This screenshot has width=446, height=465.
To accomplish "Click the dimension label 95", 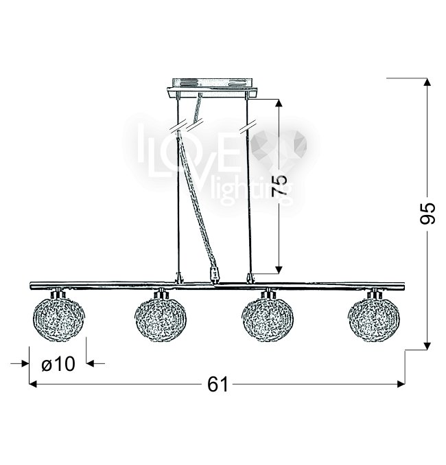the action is pos(427,213).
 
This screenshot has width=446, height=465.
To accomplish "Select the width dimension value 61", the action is pos(218,385).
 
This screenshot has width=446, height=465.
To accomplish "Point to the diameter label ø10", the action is pos(58,363).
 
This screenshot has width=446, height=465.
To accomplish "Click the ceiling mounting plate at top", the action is pos(213,88).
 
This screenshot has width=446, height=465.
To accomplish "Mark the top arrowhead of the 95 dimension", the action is pos(427,82).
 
